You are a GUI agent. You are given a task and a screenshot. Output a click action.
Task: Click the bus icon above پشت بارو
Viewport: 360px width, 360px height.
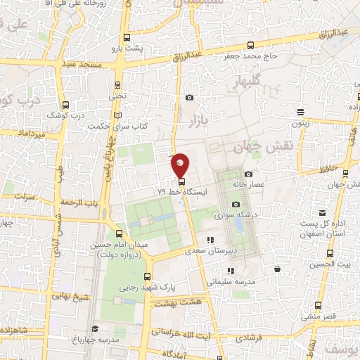point(127,38)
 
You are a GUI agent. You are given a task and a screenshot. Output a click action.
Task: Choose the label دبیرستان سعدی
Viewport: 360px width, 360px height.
point(211,250)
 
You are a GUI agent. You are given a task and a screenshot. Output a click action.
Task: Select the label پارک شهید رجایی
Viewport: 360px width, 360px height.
point(146,287)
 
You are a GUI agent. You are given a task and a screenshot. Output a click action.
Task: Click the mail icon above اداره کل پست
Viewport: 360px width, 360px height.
point(322,212)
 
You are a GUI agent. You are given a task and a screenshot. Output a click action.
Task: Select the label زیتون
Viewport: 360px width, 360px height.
point(301,122)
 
